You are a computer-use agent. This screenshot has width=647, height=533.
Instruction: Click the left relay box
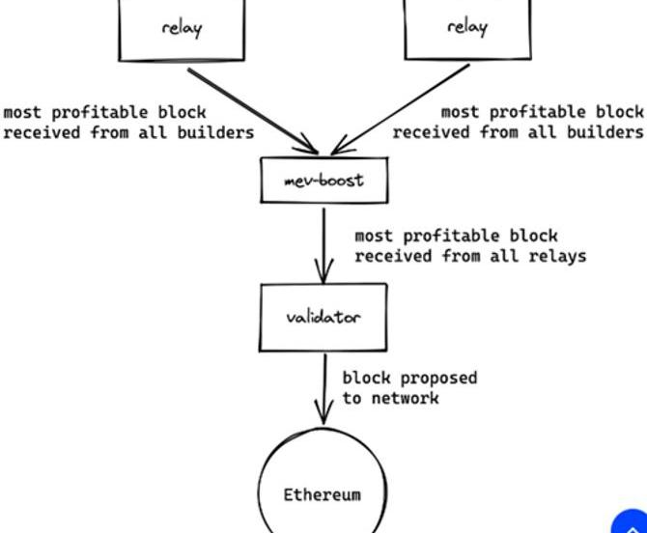tap(182, 29)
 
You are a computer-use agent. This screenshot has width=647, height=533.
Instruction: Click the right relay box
tap(466, 29)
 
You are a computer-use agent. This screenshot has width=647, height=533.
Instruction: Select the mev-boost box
tap(323, 181)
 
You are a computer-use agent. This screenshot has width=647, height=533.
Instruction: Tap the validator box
tap(323, 317)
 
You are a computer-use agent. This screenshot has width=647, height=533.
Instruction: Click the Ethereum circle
tap(323, 483)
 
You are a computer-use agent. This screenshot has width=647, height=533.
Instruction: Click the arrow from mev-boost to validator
tap(324, 241)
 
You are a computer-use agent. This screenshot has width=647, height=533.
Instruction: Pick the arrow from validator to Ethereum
tap(324, 386)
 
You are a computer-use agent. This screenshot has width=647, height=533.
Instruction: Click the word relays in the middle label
tap(557, 256)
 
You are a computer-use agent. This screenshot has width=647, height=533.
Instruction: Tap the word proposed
tap(437, 378)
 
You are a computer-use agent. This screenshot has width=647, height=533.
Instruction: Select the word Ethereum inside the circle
tap(323, 495)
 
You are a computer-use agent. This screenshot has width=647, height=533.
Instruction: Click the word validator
tap(323, 317)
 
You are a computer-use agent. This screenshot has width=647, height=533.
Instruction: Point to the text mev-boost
tap(323, 181)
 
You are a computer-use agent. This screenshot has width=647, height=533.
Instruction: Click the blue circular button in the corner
tap(632, 522)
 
